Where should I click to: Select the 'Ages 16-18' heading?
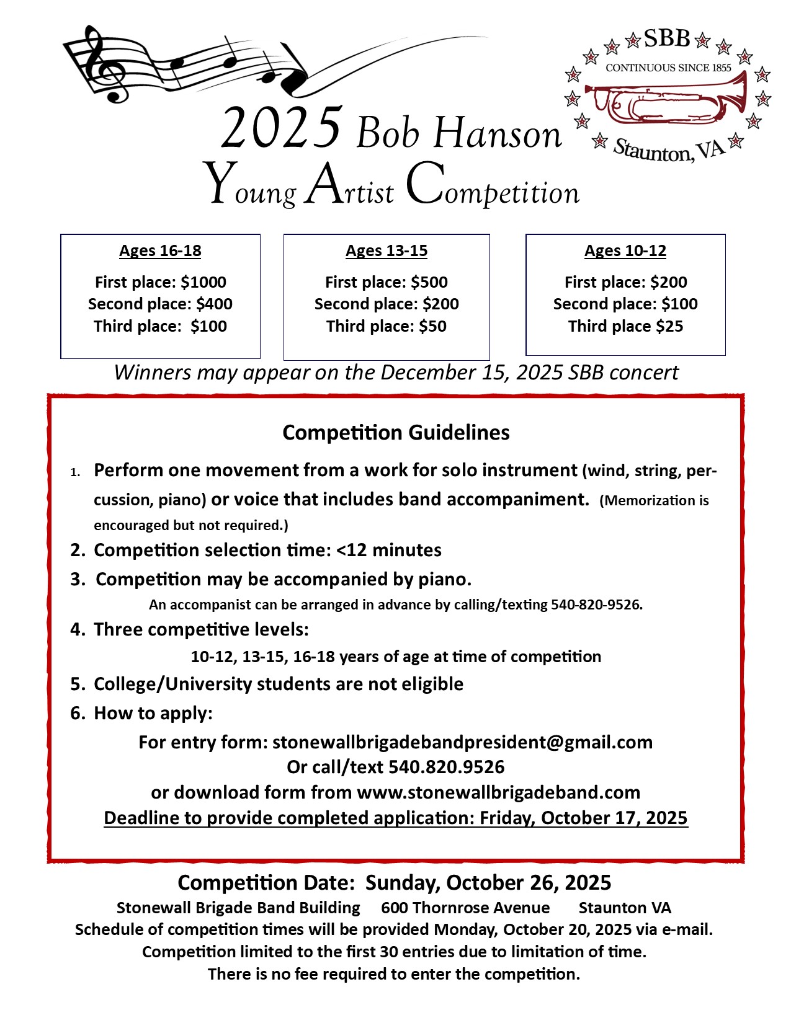point(160,250)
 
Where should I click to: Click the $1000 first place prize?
point(203,282)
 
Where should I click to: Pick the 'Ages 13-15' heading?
point(387,250)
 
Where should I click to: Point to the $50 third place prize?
point(432,326)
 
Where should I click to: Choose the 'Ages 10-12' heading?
point(625,250)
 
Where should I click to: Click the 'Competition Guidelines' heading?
point(396,432)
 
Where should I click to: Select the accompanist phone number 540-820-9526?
point(596,604)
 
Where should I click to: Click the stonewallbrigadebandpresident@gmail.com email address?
point(462,742)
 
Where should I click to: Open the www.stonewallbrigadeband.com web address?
point(498,792)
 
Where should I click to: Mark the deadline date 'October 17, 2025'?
point(614,818)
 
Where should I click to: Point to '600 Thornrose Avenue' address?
point(465,908)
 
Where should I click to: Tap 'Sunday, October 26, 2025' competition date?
point(488,882)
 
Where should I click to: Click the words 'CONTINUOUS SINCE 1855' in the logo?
point(668,68)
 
